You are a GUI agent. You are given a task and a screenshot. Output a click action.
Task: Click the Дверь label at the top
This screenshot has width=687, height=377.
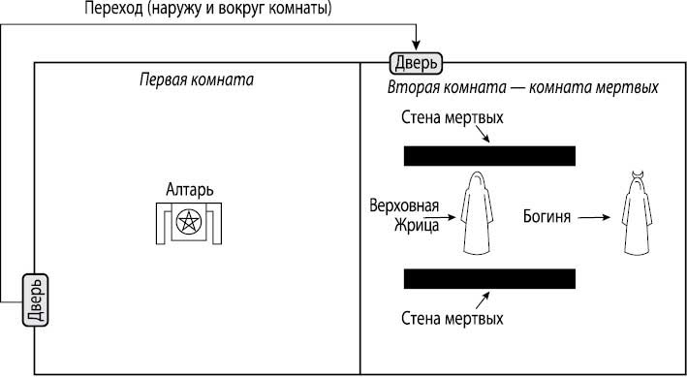click(x=416, y=63)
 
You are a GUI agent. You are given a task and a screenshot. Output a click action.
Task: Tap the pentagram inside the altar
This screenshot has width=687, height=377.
click(x=190, y=222)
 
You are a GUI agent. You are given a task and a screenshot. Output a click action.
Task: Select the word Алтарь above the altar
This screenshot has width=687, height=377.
click(x=190, y=189)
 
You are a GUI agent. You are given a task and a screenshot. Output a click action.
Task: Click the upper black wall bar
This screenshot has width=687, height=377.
click(x=489, y=156)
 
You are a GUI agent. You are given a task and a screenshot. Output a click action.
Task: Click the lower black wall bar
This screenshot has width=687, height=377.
click(x=489, y=279)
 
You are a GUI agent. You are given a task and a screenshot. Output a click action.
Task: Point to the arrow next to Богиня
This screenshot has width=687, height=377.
click(x=594, y=217)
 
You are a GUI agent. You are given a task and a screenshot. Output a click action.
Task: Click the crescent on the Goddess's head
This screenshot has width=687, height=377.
click(x=638, y=174)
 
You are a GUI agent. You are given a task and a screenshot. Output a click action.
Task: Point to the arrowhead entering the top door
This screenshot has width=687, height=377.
click(x=416, y=44)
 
